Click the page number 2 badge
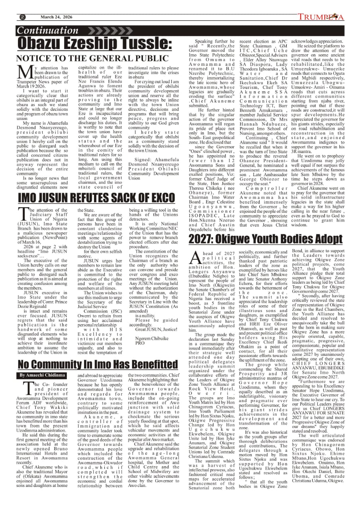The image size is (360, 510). pos(22,17)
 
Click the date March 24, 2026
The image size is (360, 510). pos(56,17)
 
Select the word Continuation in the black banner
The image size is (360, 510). pos(48,31)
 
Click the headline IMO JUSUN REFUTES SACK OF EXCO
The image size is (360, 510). pos(91,198)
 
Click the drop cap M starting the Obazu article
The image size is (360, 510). pos(25,73)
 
